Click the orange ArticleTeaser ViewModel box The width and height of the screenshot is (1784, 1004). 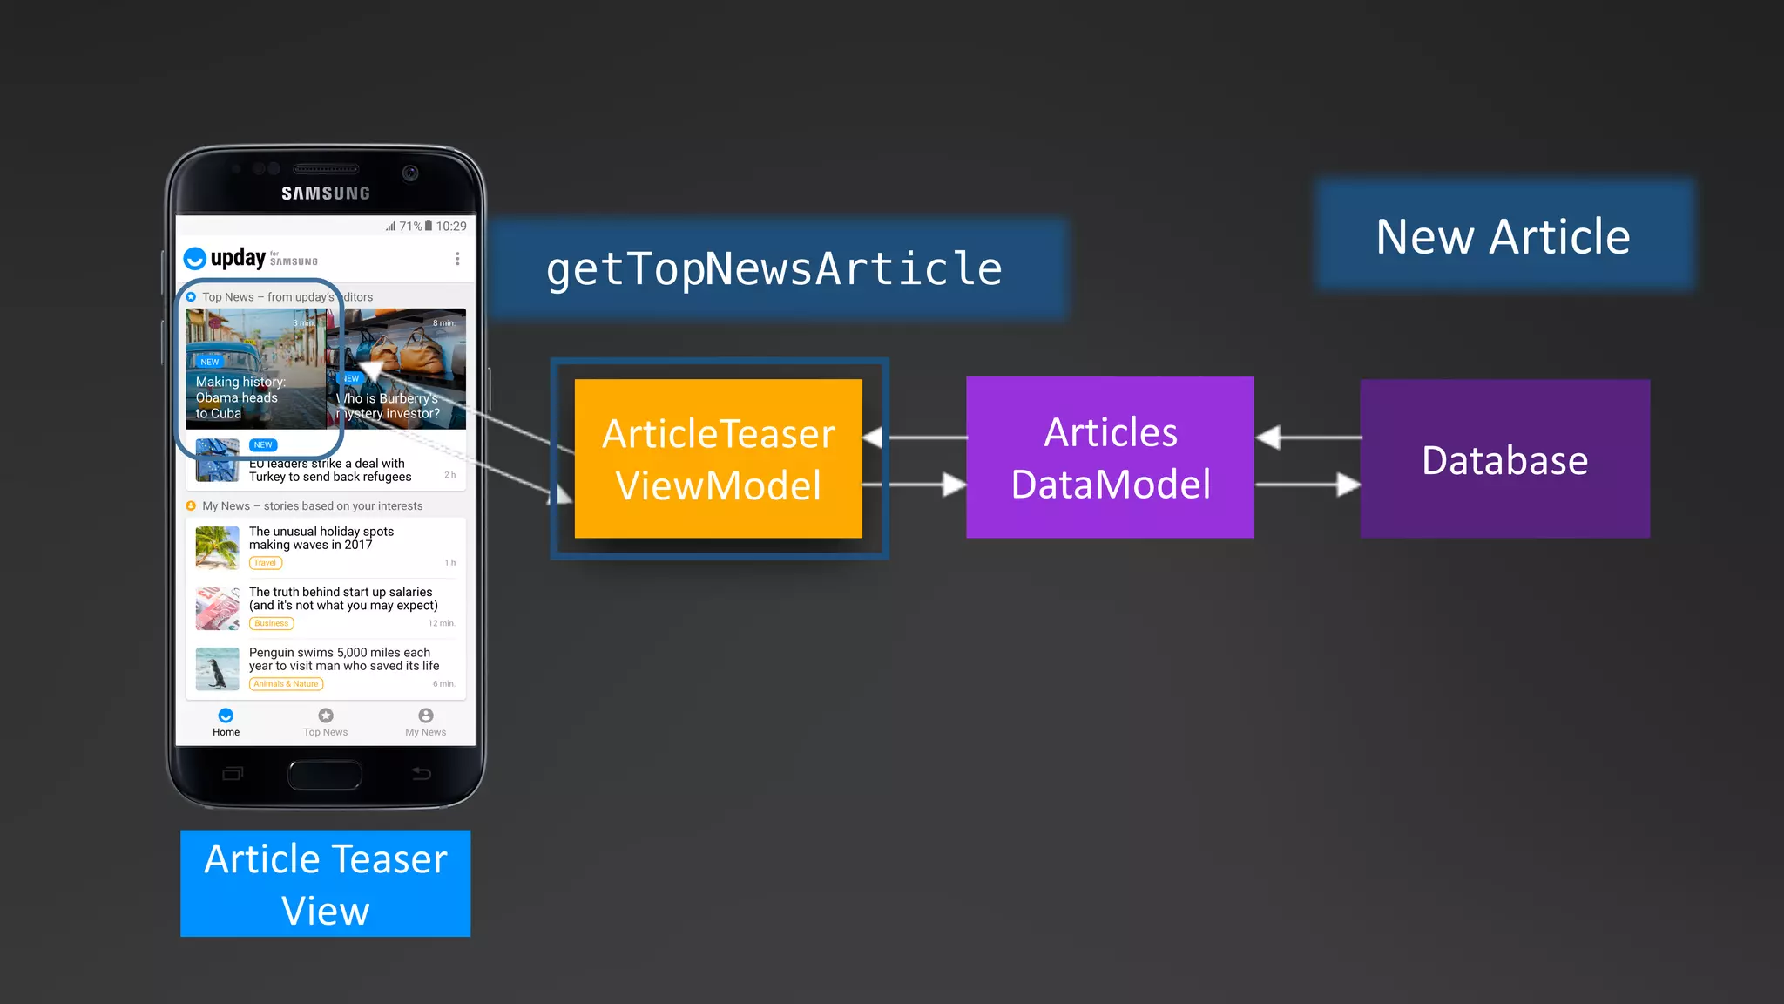[x=718, y=458]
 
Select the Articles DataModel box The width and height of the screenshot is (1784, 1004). [x=1110, y=458]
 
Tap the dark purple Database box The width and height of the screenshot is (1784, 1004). [x=1504, y=458]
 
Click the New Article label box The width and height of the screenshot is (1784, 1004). [x=1504, y=236]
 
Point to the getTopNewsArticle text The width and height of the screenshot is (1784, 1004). [x=774, y=268]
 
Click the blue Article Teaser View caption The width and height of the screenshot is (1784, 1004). [x=325, y=884]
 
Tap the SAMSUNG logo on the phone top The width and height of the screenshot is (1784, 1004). [x=326, y=193]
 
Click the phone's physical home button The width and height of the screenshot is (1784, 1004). [x=325, y=774]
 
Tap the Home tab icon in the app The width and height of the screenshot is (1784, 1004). [x=226, y=716]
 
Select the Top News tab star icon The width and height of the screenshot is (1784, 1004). [x=326, y=716]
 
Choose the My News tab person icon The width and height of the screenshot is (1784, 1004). [x=425, y=716]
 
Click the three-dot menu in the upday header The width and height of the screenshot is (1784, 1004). [x=457, y=259]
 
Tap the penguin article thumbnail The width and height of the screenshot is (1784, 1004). [x=217, y=668]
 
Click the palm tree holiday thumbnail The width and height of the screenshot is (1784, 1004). [x=217, y=547]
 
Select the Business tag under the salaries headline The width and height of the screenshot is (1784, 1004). [x=272, y=623]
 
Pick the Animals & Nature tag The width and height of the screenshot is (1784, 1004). [x=286, y=684]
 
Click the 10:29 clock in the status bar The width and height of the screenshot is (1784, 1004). [x=451, y=227]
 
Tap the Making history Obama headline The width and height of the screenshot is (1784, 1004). [x=240, y=397]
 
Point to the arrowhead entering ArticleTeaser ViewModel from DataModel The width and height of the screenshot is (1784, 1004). [x=872, y=438]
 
